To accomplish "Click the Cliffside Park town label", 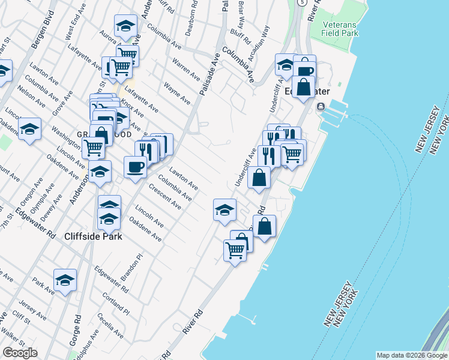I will tap(93, 236).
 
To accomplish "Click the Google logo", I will tap(20, 353).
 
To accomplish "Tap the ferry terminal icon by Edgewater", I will tap(321, 107).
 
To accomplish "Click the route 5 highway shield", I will tap(304, 3).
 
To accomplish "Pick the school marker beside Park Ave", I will tap(65, 280).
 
